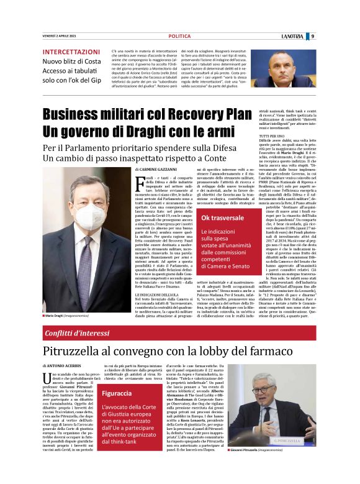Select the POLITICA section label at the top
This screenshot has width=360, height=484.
pyautogui.click(x=179, y=36)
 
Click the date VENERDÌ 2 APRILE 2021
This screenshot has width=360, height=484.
pyautogui.click(x=60, y=36)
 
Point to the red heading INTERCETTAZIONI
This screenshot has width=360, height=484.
pyautogui.click(x=71, y=52)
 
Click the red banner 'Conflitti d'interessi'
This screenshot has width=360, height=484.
pyautogui.click(x=74, y=334)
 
